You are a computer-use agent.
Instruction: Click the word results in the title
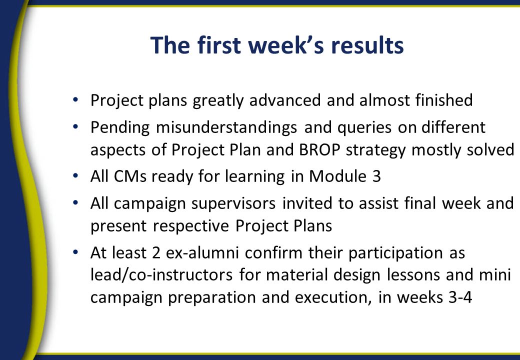tap(367, 45)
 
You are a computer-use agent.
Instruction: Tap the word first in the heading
tap(219, 45)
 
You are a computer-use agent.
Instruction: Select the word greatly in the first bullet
tap(218, 100)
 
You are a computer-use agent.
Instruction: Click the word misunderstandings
tap(226, 127)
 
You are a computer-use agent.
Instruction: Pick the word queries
tap(364, 128)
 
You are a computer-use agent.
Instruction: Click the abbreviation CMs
tap(130, 176)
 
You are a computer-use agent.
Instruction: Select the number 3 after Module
tap(376, 176)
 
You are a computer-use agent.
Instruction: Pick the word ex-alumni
tap(202, 253)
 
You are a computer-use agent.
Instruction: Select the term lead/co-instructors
tap(161, 275)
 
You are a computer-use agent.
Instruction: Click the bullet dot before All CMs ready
tap(75, 175)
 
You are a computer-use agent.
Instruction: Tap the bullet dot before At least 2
tap(75, 252)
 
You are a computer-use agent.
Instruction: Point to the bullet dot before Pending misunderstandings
tap(75, 126)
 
